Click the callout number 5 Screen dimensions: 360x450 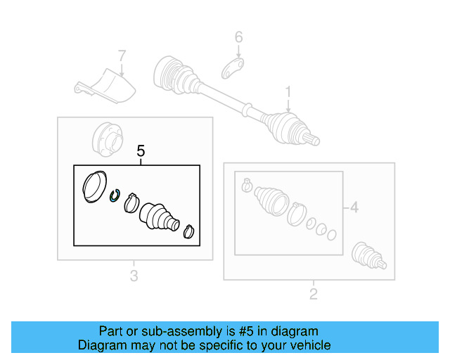(141, 150)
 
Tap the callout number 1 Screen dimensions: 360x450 (288, 91)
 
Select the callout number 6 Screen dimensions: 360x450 (238, 37)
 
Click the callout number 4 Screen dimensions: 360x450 (354, 207)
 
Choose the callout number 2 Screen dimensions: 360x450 (314, 293)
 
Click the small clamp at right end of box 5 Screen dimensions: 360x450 (190, 231)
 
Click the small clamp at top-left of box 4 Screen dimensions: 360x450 (246, 186)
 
